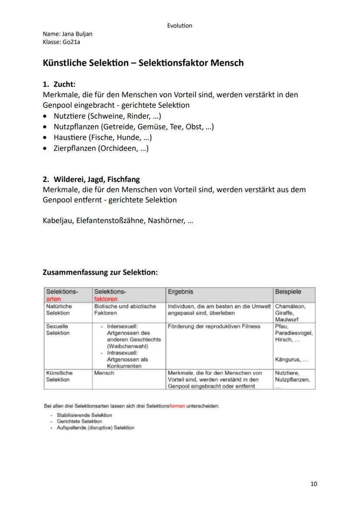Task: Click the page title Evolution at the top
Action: pyautogui.click(x=179, y=26)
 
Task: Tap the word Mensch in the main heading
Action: pyautogui.click(x=227, y=63)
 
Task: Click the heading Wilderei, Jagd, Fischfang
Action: pyautogui.click(x=97, y=179)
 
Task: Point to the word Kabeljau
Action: pyautogui.click(x=57, y=220)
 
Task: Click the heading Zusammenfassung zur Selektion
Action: pyautogui.click(x=100, y=273)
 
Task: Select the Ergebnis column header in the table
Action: pyautogui.click(x=180, y=292)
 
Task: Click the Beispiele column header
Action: pyautogui.click(x=288, y=292)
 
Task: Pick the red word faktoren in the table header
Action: pyautogui.click(x=106, y=299)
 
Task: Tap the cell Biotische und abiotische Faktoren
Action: pyautogui.click(x=125, y=309)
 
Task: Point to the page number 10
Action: pyautogui.click(x=314, y=484)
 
